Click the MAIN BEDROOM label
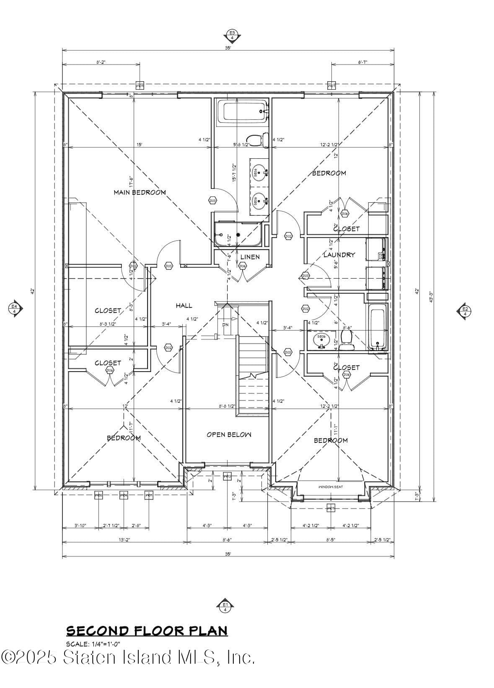[140, 192]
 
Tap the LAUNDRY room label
[339, 254]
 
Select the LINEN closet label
[250, 257]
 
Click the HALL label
[184, 306]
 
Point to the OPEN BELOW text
[229, 435]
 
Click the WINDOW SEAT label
[331, 487]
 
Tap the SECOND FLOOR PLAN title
[147, 631]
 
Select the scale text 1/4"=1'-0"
[93, 644]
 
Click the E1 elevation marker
[225, 605]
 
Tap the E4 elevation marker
[15, 309]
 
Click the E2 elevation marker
[465, 310]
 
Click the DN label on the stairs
[225, 325]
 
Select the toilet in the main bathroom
[256, 140]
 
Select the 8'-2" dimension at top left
[101, 62]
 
